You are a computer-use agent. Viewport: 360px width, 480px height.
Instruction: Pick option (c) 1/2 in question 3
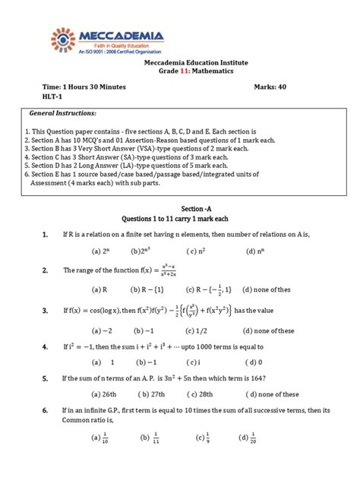[x=201, y=330]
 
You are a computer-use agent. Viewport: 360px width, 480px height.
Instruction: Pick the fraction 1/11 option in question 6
[x=149, y=437]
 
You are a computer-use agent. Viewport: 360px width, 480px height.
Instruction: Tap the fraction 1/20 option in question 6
[x=248, y=437]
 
